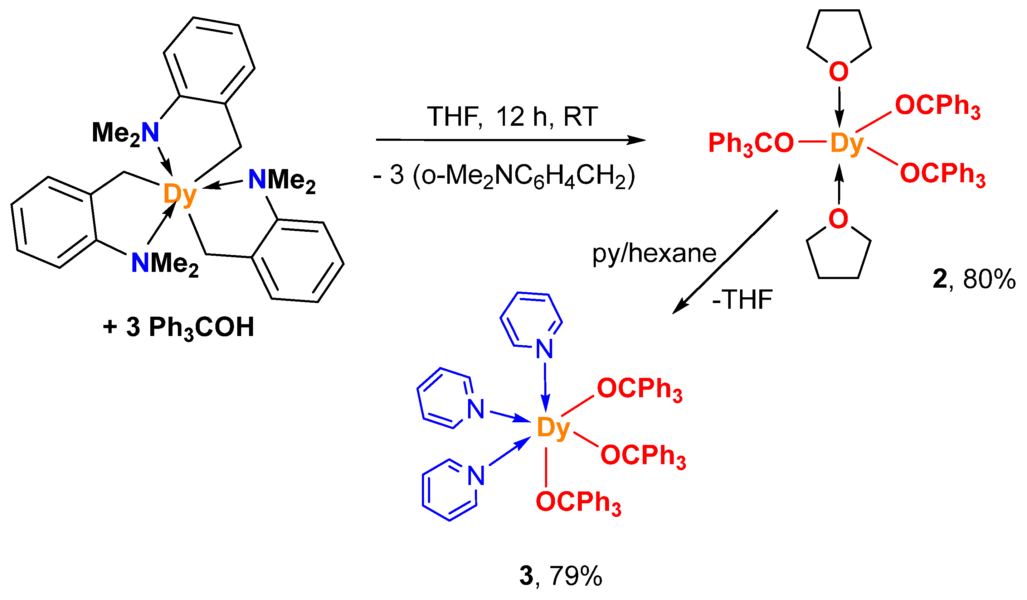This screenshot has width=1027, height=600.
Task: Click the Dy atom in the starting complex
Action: [x=180, y=195]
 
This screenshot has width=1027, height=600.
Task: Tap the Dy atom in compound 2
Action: [x=846, y=143]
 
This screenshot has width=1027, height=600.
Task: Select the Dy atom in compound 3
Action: [x=553, y=428]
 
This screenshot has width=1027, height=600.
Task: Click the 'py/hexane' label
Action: [x=654, y=253]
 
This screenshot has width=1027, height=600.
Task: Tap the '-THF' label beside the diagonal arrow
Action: [x=742, y=300]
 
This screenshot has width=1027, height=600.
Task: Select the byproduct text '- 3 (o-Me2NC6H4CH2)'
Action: [x=504, y=176]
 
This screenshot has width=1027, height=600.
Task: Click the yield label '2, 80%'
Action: [x=974, y=279]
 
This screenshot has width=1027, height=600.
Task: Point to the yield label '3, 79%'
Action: [x=561, y=576]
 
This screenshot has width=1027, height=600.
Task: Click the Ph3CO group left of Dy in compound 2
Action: [x=751, y=144]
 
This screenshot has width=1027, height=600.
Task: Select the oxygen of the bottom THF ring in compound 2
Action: [x=838, y=219]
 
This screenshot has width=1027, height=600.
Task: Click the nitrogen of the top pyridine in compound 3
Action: [x=545, y=349]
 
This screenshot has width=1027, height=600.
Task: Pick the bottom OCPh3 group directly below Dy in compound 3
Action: [x=578, y=503]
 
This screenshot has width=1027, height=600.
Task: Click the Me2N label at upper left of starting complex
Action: [x=126, y=133]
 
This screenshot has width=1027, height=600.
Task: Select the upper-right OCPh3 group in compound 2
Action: [x=937, y=106]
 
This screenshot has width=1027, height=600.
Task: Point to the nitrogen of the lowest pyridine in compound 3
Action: [x=476, y=476]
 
